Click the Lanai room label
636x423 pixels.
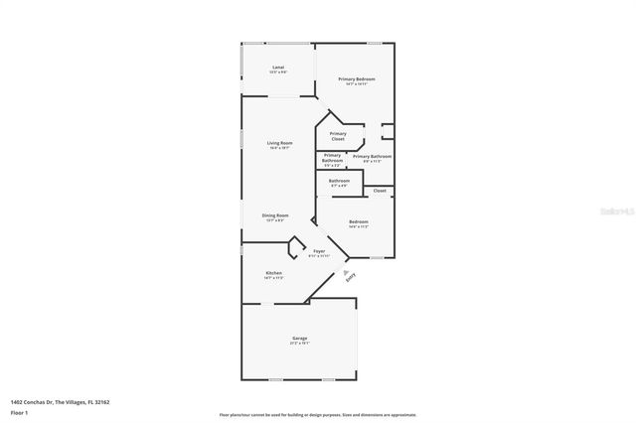point(279,68)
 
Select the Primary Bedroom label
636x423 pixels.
point(357,78)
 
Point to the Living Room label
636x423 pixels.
point(279,143)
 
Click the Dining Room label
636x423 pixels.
point(275,215)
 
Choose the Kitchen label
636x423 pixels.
point(273,273)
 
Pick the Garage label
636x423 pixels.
point(299,340)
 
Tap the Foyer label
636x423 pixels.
point(319,251)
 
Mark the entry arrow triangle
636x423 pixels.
point(345,270)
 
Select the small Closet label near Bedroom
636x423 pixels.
point(380,191)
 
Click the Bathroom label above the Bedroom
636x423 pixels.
point(339,181)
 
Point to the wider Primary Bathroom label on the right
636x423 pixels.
point(372,156)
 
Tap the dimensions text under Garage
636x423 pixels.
point(299,346)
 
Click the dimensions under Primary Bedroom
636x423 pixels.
point(357,84)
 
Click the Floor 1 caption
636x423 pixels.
point(19,411)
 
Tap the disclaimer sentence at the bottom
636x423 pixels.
point(318,415)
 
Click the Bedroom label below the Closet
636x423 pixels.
point(358,221)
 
